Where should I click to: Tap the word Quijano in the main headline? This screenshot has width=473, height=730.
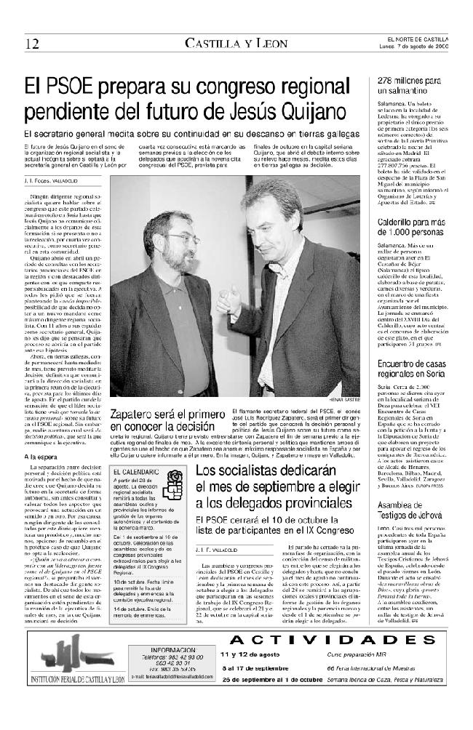click(322, 113)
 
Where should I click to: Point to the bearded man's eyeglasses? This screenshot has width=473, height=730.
click(184, 238)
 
